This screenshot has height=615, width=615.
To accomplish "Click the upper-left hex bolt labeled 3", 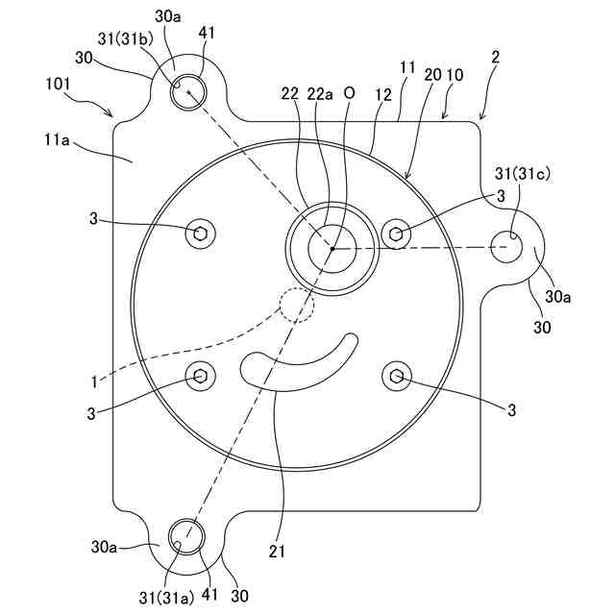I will coord(202,232).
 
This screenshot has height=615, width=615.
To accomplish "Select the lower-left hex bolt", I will coord(202,377).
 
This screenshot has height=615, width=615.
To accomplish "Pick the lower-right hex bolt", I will coord(396,377).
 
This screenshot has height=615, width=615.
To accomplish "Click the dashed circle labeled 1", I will coord(295,304).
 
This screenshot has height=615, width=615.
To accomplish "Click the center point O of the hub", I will coord(332,248).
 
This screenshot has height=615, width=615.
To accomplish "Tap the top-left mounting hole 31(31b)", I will coord(189,91).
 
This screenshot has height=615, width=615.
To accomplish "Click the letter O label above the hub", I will coord(349,93).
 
